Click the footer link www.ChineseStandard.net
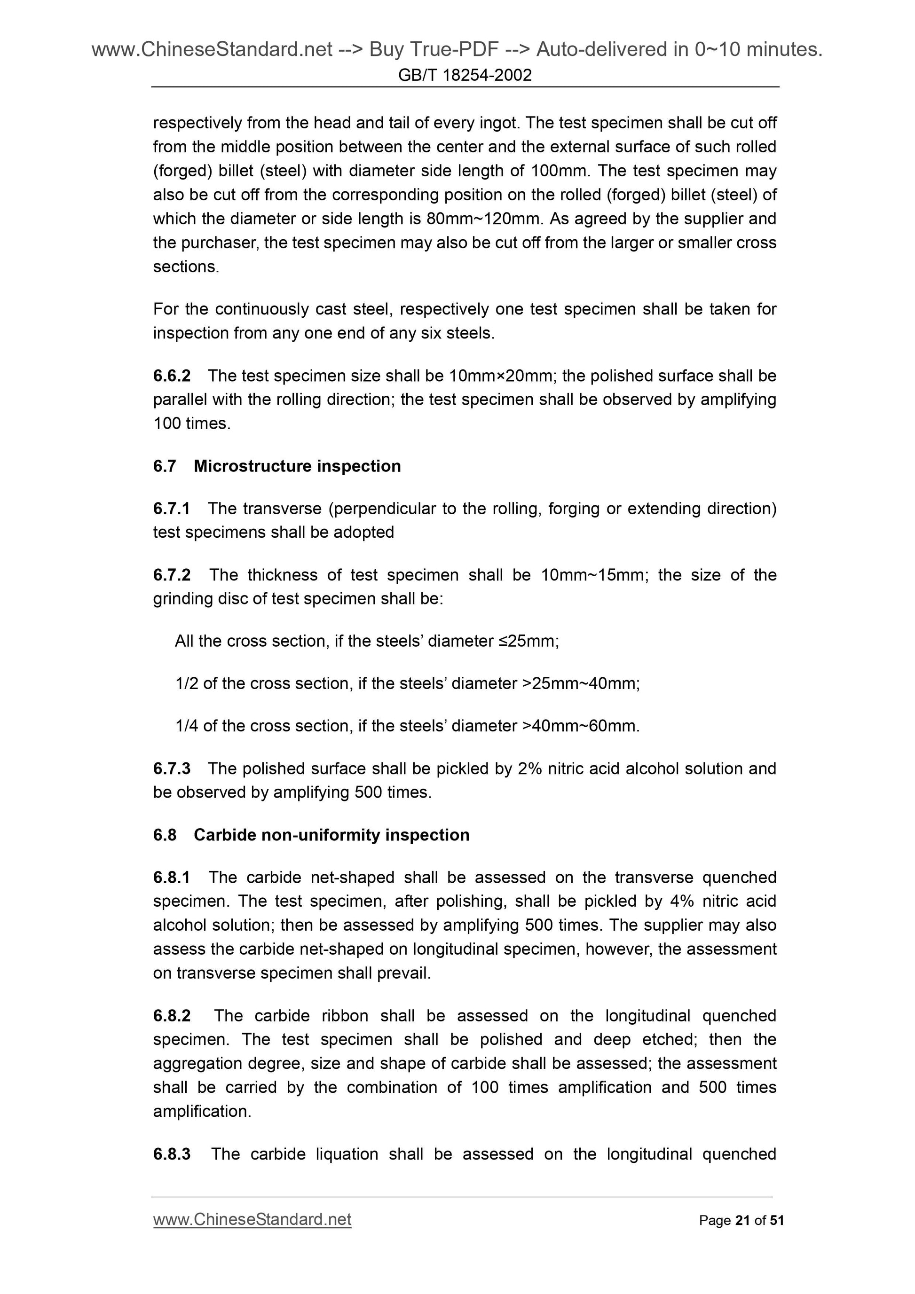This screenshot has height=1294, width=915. click(x=252, y=1219)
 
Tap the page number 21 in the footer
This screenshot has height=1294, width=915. click(x=742, y=1221)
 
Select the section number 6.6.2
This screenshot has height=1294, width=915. click(x=172, y=376)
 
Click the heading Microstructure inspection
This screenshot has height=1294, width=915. click(x=297, y=466)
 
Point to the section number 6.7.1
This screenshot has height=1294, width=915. click(x=172, y=509)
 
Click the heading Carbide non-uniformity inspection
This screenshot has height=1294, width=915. click(x=331, y=835)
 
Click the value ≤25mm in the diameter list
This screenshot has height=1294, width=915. click(x=528, y=642)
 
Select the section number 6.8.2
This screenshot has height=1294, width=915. click(x=172, y=1016)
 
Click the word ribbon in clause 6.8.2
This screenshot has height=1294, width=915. click(x=345, y=1016)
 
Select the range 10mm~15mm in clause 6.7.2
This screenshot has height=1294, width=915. click(x=592, y=575)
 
